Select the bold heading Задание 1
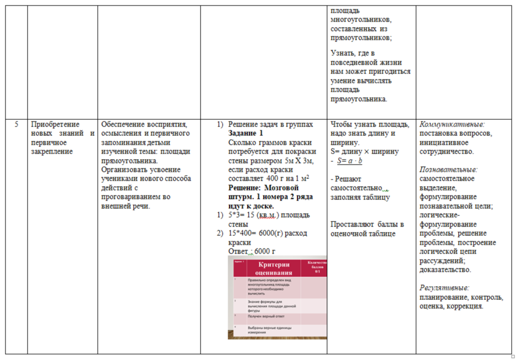click(x=246, y=134)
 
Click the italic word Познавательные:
click(x=448, y=170)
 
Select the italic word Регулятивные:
click(x=444, y=288)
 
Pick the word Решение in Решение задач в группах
click(x=243, y=124)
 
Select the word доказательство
click(x=445, y=270)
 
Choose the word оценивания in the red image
click(x=274, y=273)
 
